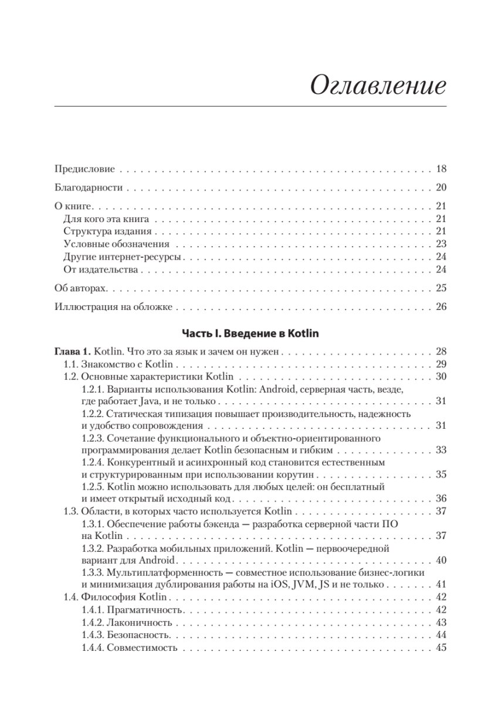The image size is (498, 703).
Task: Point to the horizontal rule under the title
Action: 250,106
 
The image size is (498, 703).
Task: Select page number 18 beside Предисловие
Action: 441,169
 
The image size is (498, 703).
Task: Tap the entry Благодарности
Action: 88,187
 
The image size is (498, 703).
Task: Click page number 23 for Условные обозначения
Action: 441,244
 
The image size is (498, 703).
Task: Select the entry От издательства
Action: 100,270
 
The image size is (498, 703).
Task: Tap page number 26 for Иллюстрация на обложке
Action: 441,307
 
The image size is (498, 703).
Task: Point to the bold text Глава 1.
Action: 73,352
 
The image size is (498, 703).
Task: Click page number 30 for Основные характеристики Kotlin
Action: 441,377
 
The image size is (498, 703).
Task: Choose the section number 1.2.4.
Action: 93,463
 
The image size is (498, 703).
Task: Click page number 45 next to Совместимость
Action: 441,648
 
